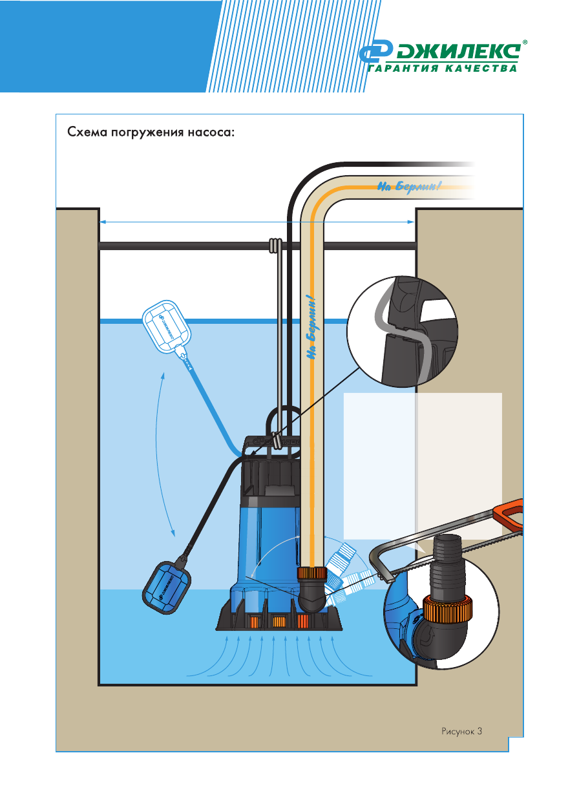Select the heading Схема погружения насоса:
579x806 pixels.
[x=151, y=133]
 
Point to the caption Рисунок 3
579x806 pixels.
[x=462, y=731]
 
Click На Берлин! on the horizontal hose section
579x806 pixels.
[x=408, y=187]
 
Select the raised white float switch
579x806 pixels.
[x=167, y=328]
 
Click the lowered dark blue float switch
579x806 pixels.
[x=167, y=586]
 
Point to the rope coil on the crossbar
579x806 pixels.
[x=275, y=246]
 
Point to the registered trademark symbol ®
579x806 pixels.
[x=524, y=43]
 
